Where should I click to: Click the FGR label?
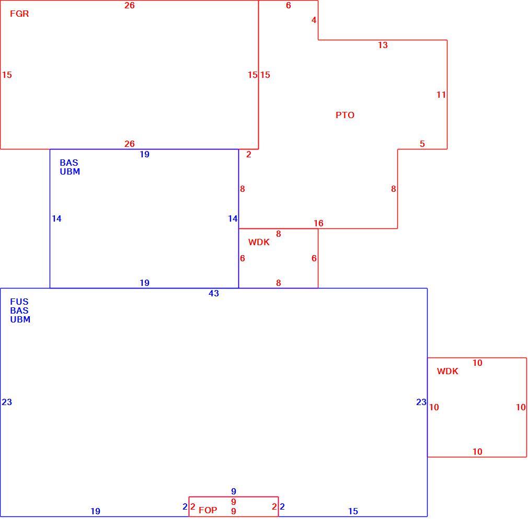tap(19, 14)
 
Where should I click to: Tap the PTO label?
tap(345, 115)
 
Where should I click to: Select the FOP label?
tap(208, 510)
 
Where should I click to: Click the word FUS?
tap(19, 302)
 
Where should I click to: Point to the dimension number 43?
tap(214, 294)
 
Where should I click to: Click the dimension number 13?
tap(383, 45)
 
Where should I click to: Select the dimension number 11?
tap(441, 95)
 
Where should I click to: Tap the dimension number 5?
tap(422, 144)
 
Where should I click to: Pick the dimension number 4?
tap(314, 20)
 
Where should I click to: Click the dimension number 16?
tap(318, 223)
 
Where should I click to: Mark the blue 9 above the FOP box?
tap(234, 491)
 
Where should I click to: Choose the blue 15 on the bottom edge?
tap(353, 511)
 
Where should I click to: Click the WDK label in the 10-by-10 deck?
tap(447, 371)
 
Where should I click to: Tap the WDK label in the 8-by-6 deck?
tap(259, 242)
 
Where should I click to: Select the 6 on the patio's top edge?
tap(289, 5)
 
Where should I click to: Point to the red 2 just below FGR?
tap(249, 155)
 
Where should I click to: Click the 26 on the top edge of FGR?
tap(130, 5)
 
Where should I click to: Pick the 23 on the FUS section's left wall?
tap(7, 402)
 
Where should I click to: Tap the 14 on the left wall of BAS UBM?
tap(56, 219)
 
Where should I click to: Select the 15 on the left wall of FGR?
tap(7, 75)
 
